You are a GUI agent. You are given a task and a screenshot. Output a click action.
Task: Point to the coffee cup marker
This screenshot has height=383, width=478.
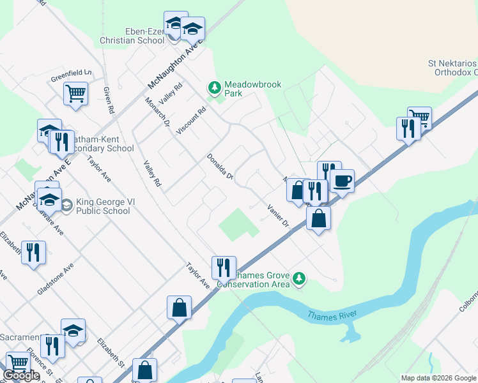point(342,182)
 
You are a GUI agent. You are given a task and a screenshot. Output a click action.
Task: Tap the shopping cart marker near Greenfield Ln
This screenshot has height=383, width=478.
point(75,94)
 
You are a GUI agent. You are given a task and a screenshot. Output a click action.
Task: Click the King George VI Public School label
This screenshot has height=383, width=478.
point(103,206)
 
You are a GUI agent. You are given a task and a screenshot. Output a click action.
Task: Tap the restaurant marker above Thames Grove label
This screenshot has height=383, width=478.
point(224,268)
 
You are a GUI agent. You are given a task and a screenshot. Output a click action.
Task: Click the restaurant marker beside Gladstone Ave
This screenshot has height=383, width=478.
point(33,253)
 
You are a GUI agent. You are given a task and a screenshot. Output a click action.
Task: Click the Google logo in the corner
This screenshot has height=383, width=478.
point(21,375)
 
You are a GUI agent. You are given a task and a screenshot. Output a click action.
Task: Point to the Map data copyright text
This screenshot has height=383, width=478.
point(438,378)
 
